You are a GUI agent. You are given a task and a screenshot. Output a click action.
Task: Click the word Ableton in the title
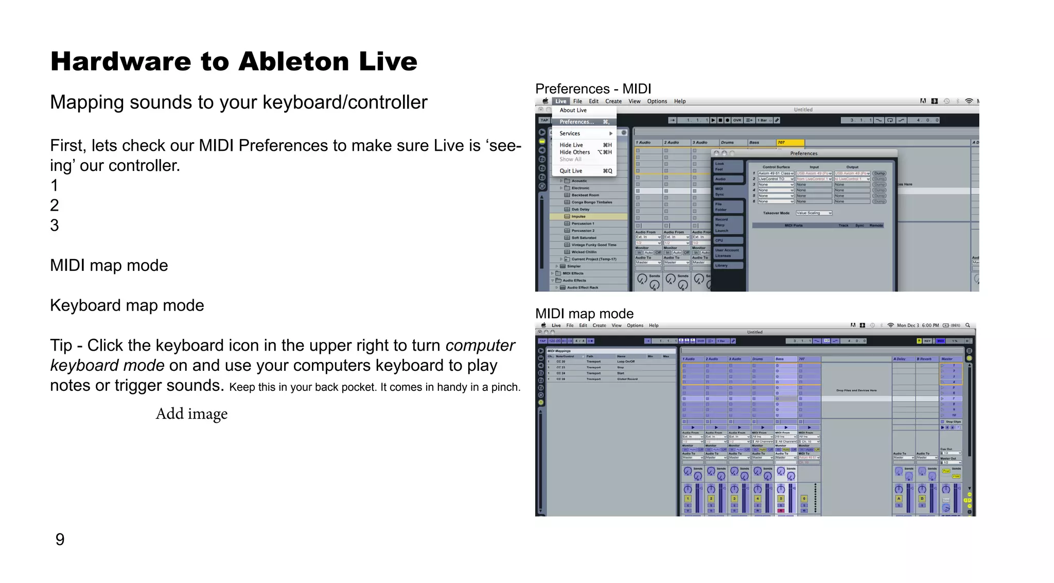tap(293, 62)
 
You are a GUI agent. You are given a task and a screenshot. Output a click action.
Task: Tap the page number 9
tap(60, 540)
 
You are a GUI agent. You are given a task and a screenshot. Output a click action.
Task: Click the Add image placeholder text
tap(191, 414)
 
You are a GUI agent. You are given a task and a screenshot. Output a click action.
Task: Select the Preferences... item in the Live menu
tap(576, 122)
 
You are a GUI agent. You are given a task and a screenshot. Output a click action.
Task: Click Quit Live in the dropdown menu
tap(571, 171)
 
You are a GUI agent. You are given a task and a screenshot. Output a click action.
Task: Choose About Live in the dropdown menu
tap(573, 110)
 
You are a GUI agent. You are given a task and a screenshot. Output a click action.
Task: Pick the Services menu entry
tap(570, 133)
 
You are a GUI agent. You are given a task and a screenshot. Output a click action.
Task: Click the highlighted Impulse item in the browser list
tap(578, 217)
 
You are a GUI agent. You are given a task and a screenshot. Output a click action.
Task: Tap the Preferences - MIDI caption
tap(593, 89)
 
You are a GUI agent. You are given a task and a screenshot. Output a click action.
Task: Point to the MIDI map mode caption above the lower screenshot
tap(584, 314)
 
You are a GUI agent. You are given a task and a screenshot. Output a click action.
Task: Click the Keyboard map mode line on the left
tap(127, 305)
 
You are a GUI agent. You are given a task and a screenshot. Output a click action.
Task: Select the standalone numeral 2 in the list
tap(55, 205)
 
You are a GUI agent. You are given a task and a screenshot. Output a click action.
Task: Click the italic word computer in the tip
tap(480, 346)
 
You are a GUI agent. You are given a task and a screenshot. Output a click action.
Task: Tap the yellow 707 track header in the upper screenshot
tap(789, 143)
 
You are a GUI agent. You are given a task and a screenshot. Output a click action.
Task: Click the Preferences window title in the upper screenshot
tap(803, 153)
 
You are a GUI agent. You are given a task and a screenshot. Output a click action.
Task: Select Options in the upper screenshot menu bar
tap(657, 101)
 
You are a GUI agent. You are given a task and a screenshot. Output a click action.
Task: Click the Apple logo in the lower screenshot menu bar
tap(543, 325)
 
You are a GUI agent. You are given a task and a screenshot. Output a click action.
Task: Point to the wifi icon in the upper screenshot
tap(969, 101)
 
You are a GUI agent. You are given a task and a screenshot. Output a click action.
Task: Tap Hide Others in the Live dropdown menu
tap(574, 152)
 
